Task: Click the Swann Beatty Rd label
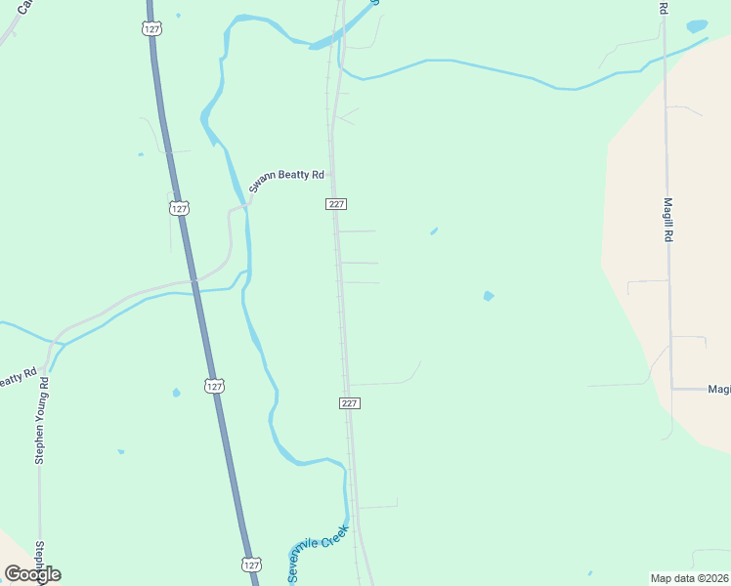[284, 181]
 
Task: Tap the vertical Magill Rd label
[668, 220]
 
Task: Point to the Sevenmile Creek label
[318, 553]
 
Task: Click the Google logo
[32, 574]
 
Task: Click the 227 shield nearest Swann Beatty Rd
[336, 204]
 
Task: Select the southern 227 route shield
[351, 403]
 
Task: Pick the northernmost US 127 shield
[151, 29]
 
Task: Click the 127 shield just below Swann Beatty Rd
[178, 208]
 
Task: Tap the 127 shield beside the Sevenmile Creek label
[251, 565]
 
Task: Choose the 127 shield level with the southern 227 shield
[215, 387]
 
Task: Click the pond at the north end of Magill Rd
[696, 26]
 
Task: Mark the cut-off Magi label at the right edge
[719, 389]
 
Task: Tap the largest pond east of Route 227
[488, 295]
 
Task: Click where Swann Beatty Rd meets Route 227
[332, 176]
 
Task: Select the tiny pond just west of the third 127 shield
[176, 393]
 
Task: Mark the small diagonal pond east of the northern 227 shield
[433, 231]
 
